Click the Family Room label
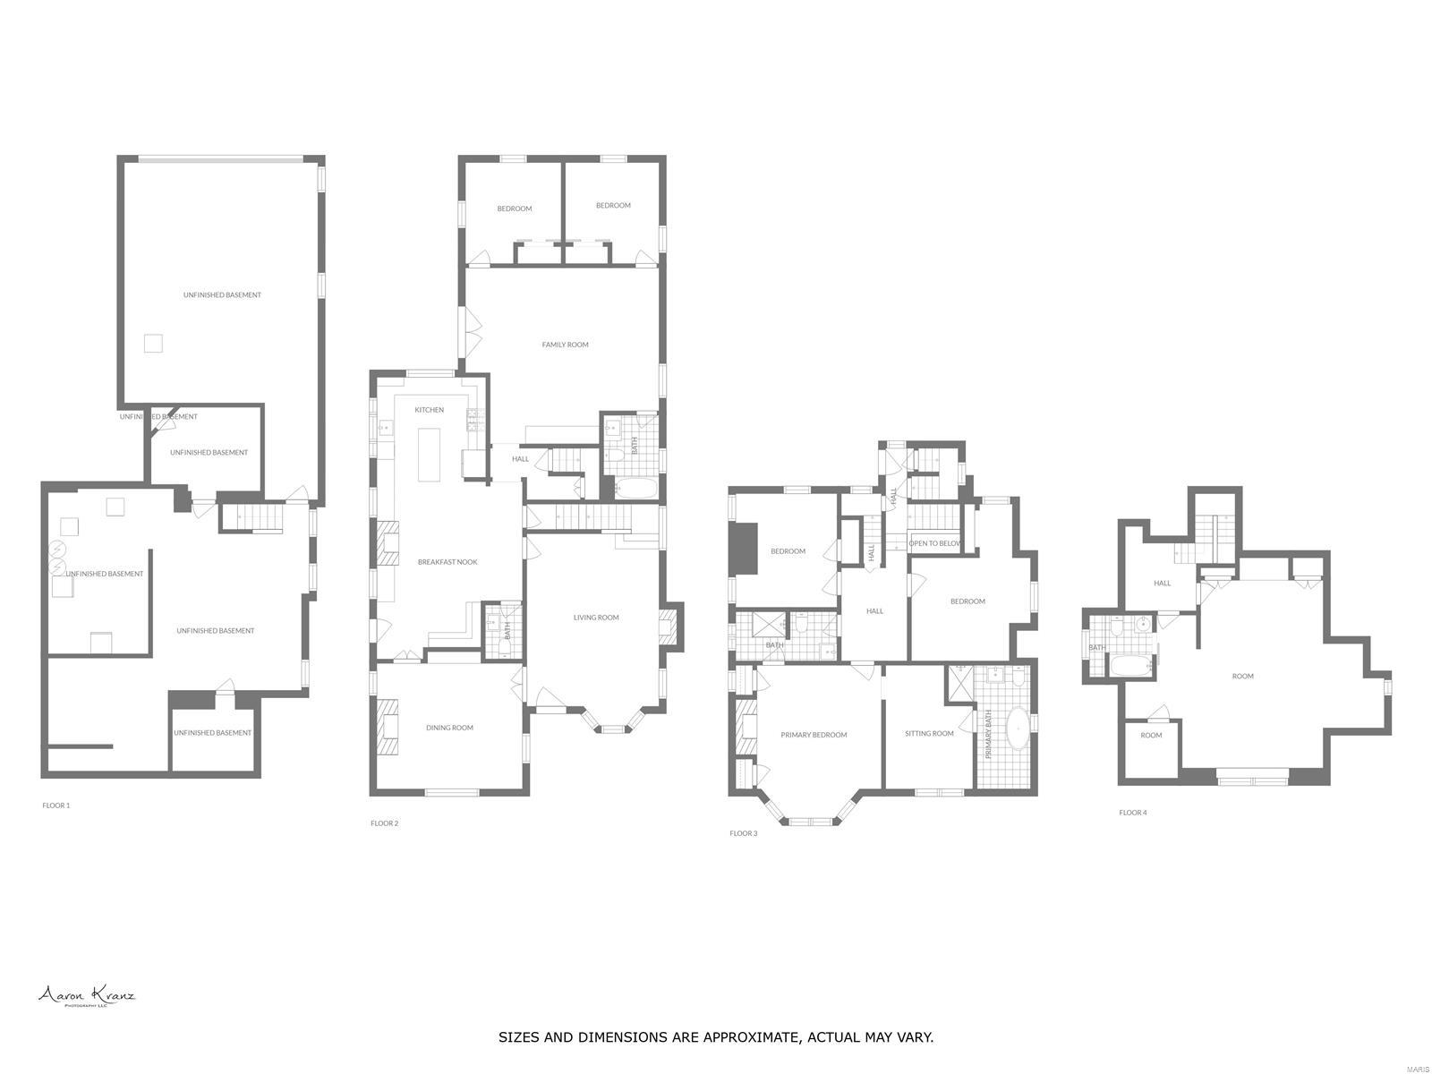[x=565, y=345]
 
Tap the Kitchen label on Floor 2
[x=429, y=410]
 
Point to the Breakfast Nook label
[x=447, y=562]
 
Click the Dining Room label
[x=449, y=728]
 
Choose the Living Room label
[x=596, y=618]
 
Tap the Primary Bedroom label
[x=814, y=735]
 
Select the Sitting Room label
[x=929, y=734]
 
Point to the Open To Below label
[x=934, y=543]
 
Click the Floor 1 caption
[x=55, y=805]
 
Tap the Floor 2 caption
[x=384, y=823]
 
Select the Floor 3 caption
[x=743, y=833]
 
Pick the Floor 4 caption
[x=1132, y=813]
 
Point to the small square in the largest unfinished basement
[x=154, y=343]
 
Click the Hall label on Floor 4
[x=1162, y=584]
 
